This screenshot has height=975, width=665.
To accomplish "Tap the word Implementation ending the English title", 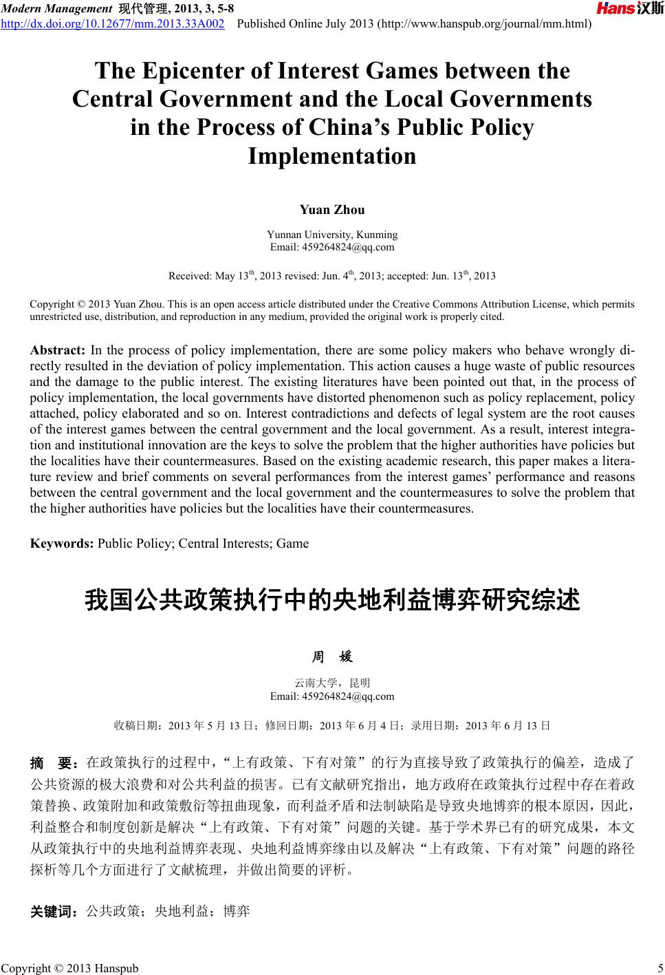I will click(x=332, y=156).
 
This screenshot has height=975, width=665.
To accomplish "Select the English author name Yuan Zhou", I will click(x=332, y=210).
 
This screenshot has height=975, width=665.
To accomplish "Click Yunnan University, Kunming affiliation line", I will click(x=332, y=235).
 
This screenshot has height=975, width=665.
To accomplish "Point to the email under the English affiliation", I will click(x=332, y=247).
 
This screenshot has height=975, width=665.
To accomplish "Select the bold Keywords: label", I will click(x=63, y=544).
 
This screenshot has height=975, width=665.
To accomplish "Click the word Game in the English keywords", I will click(x=292, y=544).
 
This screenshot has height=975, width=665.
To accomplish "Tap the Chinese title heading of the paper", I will click(x=332, y=599).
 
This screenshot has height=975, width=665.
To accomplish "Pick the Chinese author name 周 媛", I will click(x=332, y=657).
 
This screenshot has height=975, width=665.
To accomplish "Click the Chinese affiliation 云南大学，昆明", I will click(x=332, y=683).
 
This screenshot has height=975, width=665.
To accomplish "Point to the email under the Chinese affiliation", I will click(x=332, y=696).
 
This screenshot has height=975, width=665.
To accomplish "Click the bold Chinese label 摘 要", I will click(x=55, y=763).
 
